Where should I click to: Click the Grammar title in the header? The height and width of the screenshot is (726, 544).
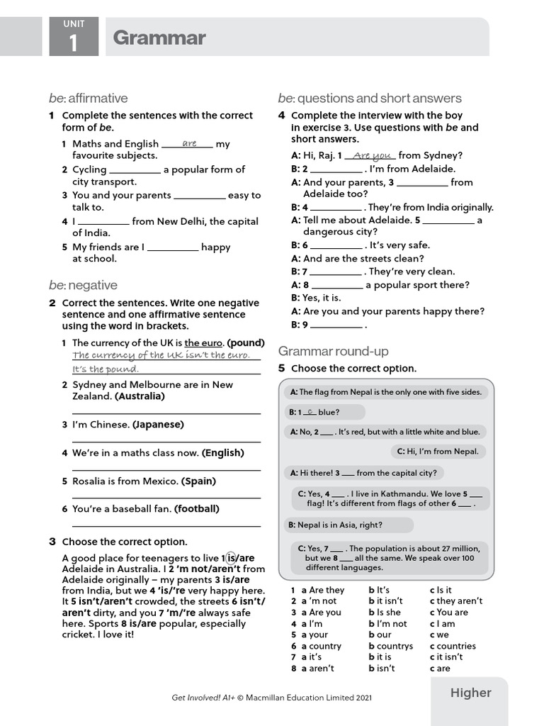[159, 38]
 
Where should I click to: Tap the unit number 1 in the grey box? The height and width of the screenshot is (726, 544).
[73, 44]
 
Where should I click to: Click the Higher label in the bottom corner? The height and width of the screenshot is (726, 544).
[470, 693]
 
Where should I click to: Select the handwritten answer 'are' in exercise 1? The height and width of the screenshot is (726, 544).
[189, 143]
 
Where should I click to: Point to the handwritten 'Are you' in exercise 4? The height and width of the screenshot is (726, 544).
[372, 155]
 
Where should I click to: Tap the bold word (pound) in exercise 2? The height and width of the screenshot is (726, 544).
[245, 342]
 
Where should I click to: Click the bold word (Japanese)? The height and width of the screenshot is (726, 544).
[158, 424]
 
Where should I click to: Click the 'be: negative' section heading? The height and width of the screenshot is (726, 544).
[83, 285]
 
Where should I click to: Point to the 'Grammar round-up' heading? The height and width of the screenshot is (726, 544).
[333, 351]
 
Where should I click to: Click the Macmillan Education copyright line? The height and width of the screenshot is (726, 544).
[271, 698]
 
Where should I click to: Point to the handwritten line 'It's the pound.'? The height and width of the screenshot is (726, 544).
[106, 369]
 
